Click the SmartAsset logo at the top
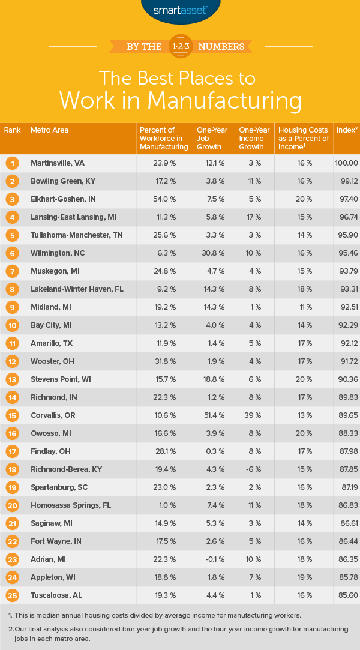[x=179, y=10]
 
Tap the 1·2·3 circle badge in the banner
[x=180, y=46]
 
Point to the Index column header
[x=346, y=130]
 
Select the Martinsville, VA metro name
[x=59, y=163]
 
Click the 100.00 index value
[x=346, y=163]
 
